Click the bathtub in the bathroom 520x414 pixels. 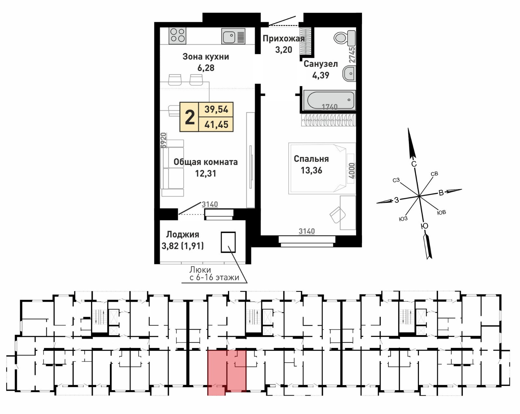329,101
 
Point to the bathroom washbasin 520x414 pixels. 349,74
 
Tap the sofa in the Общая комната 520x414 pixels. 173,168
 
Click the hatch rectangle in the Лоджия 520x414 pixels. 228,242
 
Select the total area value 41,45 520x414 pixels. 216,124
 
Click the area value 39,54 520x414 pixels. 216,109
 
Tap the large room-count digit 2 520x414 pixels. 189,117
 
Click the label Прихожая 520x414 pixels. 283,39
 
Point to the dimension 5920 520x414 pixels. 164,140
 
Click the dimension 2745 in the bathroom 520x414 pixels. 352,55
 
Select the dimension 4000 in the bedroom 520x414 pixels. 351,171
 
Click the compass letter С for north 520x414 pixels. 414,164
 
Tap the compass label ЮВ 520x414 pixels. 441,213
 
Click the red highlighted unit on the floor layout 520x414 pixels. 227,371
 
